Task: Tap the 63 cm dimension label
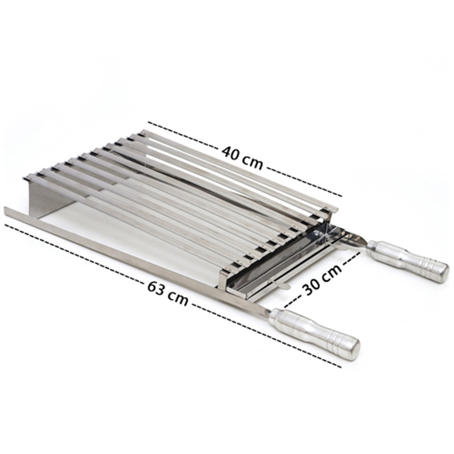coord(168,293)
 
